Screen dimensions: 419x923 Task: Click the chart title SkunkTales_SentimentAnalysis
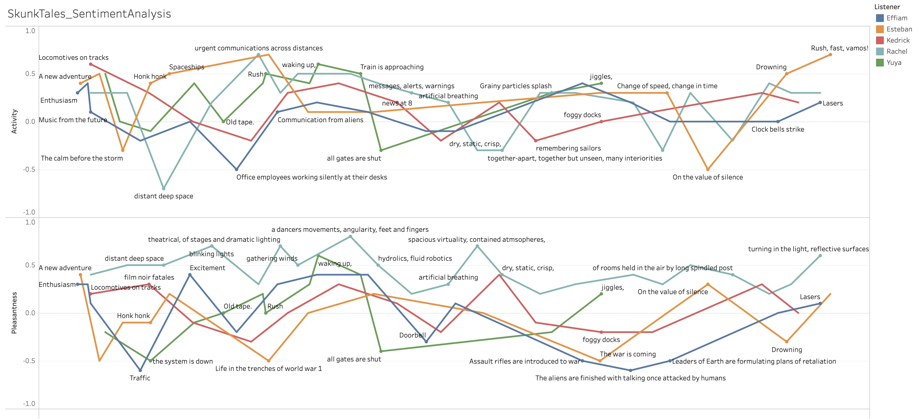click(89, 14)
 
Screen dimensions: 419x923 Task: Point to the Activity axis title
click(14, 122)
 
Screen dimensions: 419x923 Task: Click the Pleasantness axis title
click(14, 313)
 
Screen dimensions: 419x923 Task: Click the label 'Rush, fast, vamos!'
click(840, 48)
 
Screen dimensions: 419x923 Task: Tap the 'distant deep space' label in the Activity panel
click(164, 196)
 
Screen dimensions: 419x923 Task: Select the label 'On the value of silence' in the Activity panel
click(708, 177)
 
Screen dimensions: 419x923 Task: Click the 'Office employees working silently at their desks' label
click(312, 177)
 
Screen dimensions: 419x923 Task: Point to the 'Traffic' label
click(140, 378)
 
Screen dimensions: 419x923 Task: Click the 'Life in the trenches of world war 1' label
click(269, 369)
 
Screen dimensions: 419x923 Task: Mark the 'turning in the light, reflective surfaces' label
click(808, 249)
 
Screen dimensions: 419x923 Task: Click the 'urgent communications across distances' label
click(259, 48)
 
